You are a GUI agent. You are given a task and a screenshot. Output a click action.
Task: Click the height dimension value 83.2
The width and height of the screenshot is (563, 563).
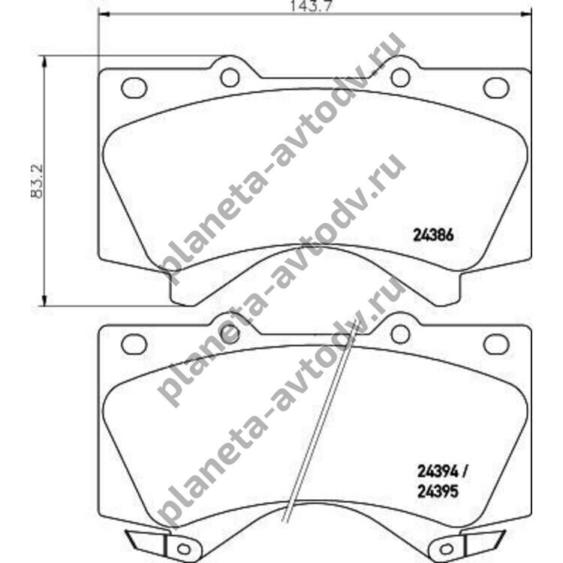[x=37, y=182]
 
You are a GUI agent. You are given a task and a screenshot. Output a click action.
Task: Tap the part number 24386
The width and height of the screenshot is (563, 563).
[x=433, y=236]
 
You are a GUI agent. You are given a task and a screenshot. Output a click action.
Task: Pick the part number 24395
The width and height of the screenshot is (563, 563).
[x=438, y=492]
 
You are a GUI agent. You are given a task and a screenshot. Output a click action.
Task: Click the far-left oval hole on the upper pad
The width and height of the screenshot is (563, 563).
[x=134, y=88]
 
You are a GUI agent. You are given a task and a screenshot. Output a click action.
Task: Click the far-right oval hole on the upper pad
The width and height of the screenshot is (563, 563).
[x=496, y=88]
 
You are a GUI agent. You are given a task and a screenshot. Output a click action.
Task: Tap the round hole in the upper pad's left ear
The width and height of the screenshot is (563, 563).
[x=230, y=77]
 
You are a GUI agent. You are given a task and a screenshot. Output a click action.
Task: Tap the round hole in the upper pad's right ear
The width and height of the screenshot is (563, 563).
[x=400, y=77]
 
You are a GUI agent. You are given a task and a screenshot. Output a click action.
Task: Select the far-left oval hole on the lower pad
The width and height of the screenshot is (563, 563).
[x=134, y=345]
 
